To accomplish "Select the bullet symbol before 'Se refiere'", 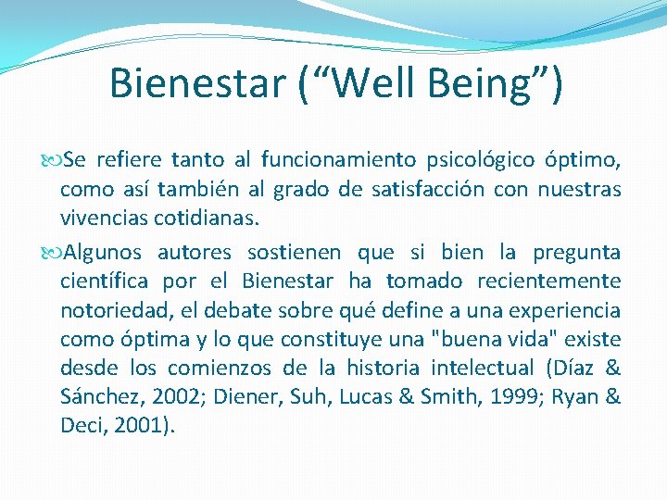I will click(52, 160).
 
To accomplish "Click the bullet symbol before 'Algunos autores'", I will click(52, 252).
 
